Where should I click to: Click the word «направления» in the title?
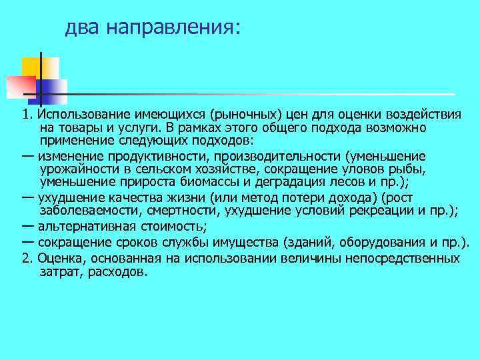(169, 27)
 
